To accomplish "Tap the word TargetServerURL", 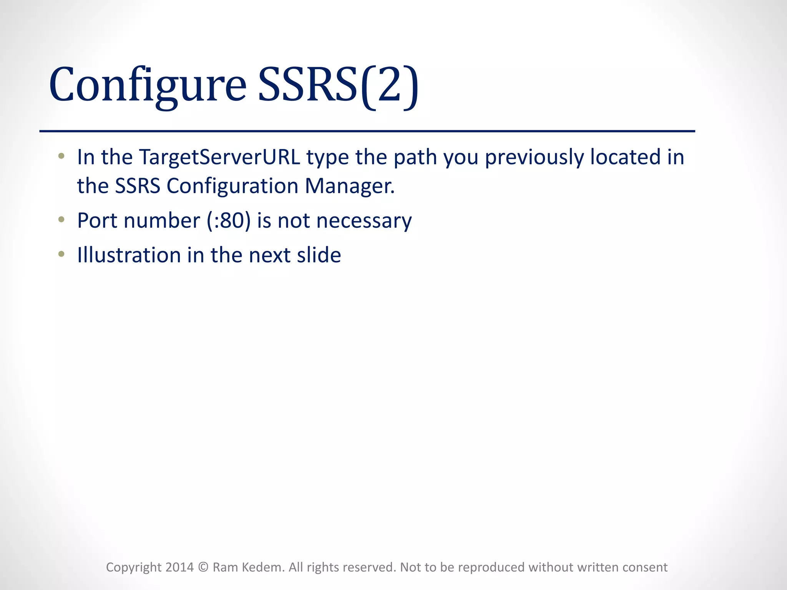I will pyautogui.click(x=219, y=157).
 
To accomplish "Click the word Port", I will pyautogui.click(x=97, y=221).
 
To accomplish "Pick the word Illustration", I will pyautogui.click(x=129, y=255).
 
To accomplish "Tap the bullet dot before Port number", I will pyautogui.click(x=61, y=220).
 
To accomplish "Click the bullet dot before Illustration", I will pyautogui.click(x=61, y=254).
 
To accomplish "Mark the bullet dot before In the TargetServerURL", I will pyautogui.click(x=61, y=156).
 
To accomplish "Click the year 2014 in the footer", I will pyautogui.click(x=179, y=567).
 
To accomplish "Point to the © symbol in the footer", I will pyautogui.click(x=203, y=567).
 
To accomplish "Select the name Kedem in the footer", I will pyautogui.click(x=265, y=567).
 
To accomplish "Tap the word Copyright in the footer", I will pyautogui.click(x=134, y=567).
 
